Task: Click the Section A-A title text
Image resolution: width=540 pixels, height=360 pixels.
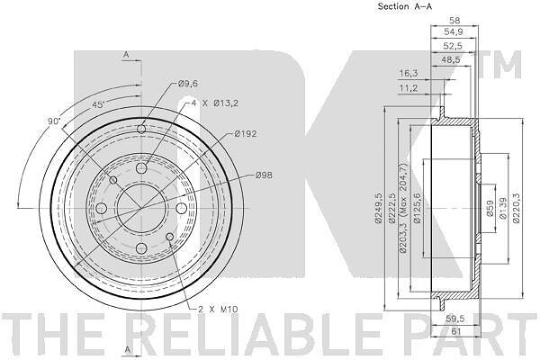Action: click(405, 6)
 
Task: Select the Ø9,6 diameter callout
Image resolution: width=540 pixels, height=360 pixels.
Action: click(188, 84)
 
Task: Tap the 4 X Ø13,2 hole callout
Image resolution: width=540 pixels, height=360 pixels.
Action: click(214, 103)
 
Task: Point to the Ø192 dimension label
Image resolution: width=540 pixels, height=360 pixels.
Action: click(245, 133)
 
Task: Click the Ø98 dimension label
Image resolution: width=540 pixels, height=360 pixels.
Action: click(264, 175)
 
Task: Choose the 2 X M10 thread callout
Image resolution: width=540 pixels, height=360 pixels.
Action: click(218, 310)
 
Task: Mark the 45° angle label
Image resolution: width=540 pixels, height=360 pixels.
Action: click(98, 104)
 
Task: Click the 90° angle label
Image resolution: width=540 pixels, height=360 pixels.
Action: click(54, 121)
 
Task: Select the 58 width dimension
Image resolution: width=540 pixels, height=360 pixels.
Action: click(454, 21)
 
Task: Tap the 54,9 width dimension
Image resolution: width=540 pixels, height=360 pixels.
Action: click(454, 32)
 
